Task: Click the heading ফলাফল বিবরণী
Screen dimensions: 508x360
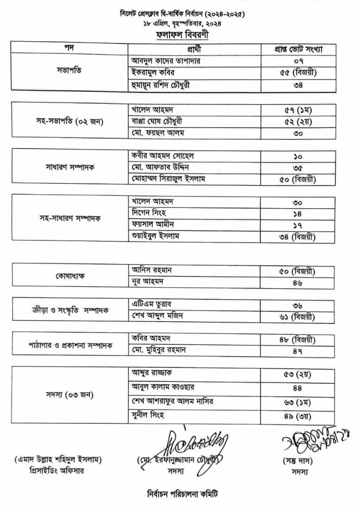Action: (183, 35)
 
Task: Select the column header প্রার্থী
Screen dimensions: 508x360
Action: (194, 49)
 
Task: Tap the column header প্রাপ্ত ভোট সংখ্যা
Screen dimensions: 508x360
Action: (298, 49)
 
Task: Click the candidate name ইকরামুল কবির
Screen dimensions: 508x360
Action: (153, 73)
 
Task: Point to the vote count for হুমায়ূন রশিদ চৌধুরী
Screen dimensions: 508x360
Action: (298, 85)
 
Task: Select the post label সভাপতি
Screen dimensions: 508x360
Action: (69, 70)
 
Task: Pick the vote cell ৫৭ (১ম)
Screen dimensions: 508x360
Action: (298, 110)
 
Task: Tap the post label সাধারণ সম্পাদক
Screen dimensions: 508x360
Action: (70, 167)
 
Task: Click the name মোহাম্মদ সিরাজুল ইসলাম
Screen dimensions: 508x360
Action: (168, 179)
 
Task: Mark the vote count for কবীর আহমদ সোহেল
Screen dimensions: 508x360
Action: (298, 157)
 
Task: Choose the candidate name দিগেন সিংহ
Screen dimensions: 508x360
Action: (149, 213)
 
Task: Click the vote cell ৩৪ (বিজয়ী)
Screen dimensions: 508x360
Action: (297, 237)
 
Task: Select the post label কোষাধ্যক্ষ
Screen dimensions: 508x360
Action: (70, 276)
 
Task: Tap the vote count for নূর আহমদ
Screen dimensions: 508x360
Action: (297, 283)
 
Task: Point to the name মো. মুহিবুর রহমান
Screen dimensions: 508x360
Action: (159, 350)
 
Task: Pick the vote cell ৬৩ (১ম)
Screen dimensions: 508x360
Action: (297, 402)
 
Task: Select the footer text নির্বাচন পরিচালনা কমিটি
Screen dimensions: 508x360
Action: (183, 494)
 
